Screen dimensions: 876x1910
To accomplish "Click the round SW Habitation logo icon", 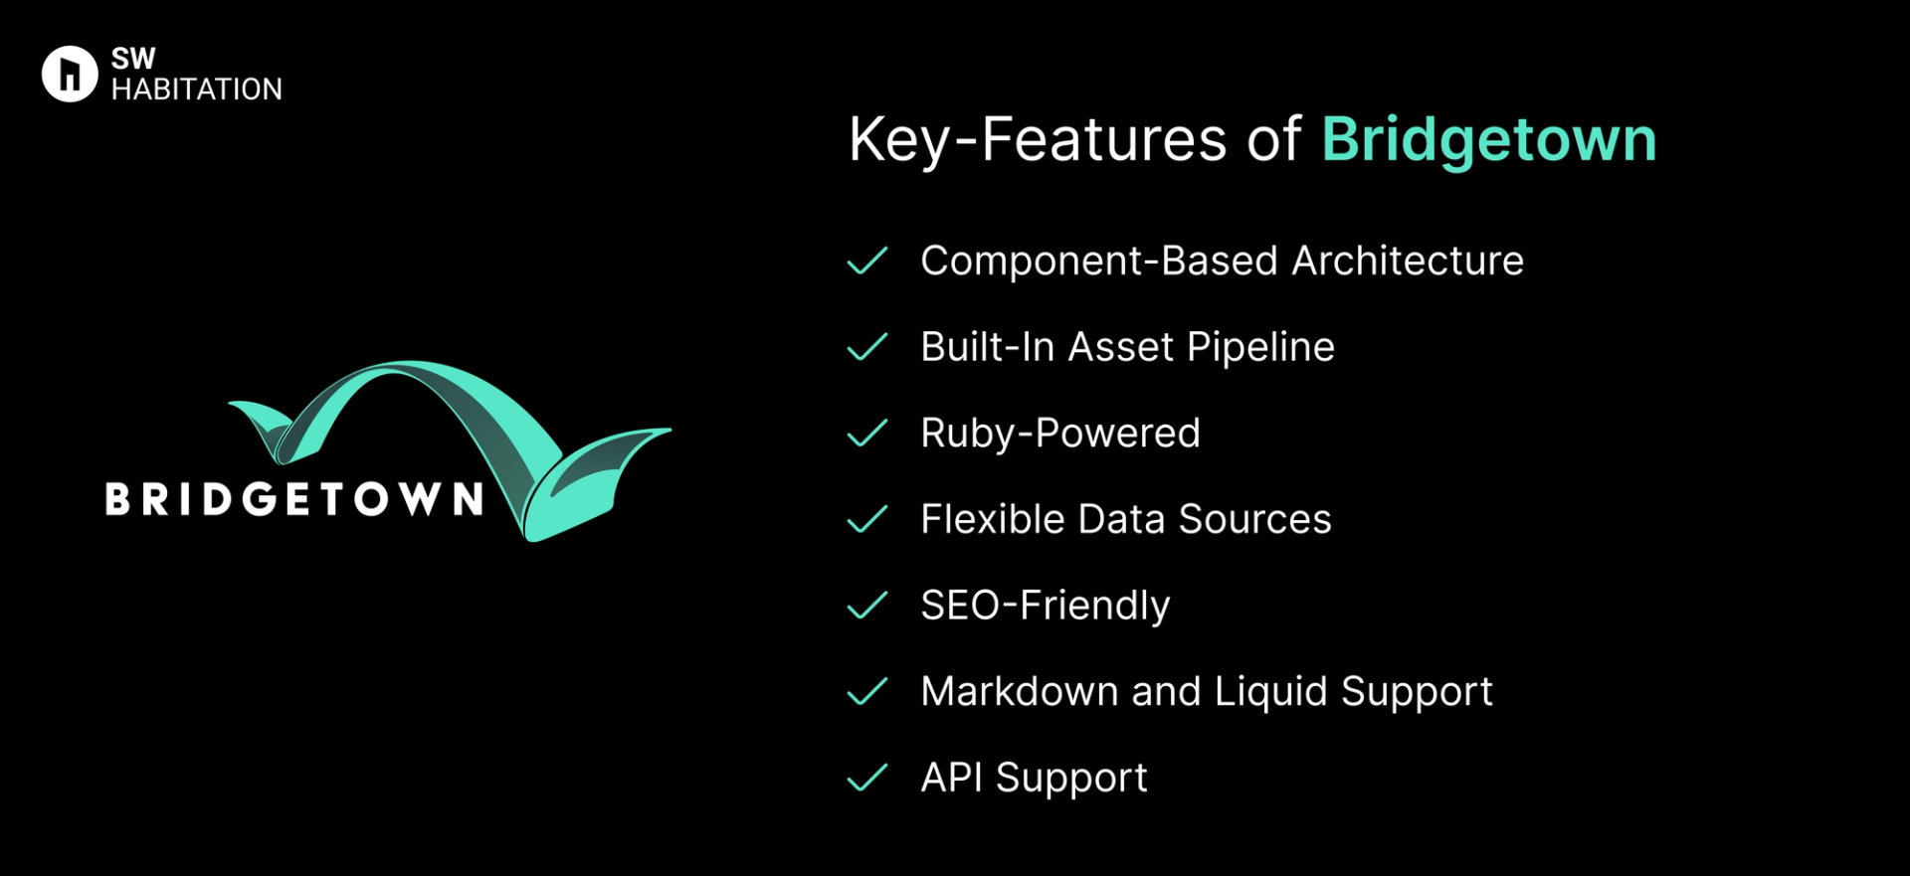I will tap(70, 74).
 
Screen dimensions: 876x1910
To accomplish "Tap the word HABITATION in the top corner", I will tap(196, 89).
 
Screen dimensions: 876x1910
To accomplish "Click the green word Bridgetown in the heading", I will tap(1488, 139).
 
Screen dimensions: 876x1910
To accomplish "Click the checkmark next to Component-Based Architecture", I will tap(866, 261).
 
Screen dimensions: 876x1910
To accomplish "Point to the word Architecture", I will tap(1407, 261).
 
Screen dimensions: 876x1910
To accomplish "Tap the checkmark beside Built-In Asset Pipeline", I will tap(866, 347).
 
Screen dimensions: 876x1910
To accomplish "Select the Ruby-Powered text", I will tap(1060, 434).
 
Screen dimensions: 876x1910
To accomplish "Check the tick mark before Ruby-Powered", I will tap(866, 434).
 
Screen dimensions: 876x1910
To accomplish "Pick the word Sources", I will tap(1254, 519).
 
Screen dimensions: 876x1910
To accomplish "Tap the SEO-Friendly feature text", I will tap(1045, 606).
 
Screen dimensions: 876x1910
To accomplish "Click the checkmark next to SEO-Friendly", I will tap(866, 606).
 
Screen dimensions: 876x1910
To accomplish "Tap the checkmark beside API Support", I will tap(866, 778).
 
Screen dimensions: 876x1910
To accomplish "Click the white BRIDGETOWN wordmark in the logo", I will tap(294, 499).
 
